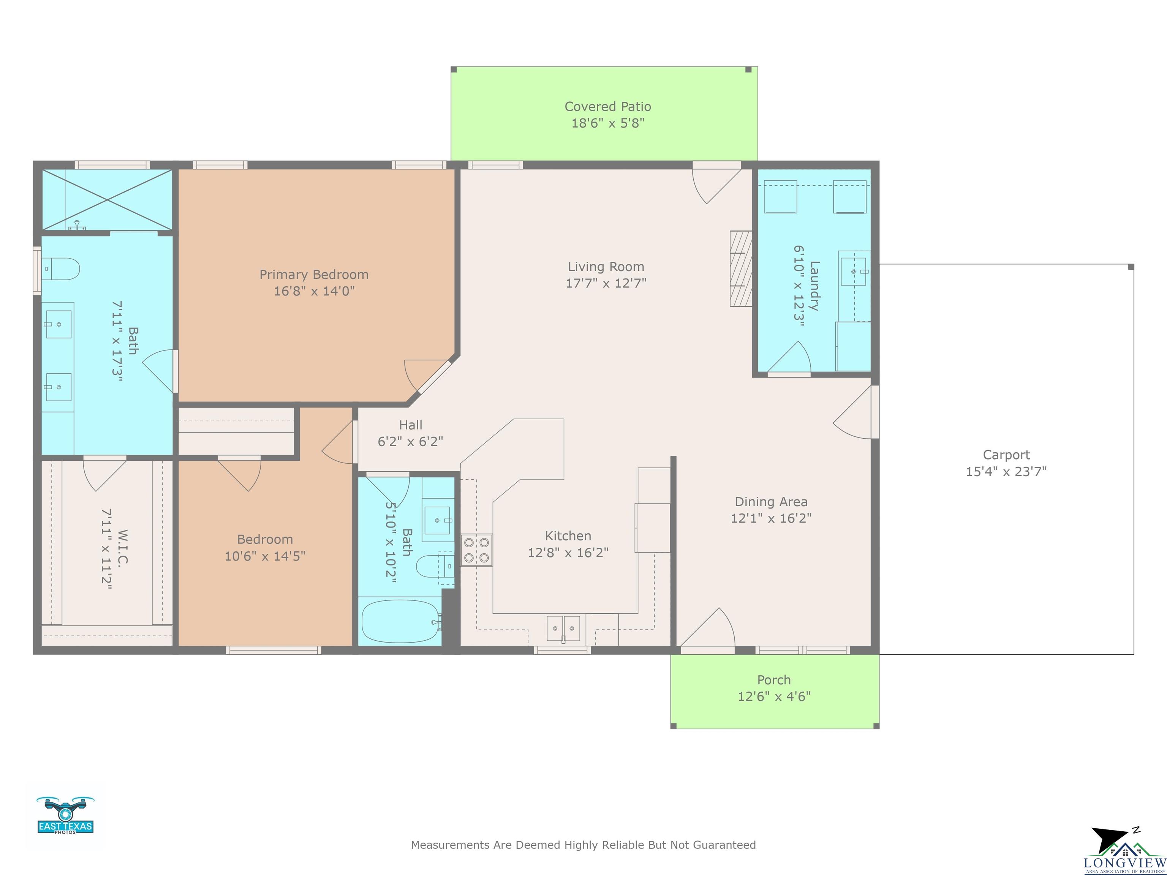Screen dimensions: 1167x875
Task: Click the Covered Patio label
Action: coord(608,107)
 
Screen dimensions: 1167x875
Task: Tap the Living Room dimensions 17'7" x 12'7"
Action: coord(606,283)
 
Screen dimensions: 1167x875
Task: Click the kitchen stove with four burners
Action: coord(476,550)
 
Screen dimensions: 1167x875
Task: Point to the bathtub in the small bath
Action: coord(401,621)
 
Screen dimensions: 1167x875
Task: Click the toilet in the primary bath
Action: coord(60,269)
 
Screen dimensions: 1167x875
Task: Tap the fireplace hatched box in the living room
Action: coord(741,269)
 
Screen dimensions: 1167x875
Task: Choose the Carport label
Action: coord(1006,455)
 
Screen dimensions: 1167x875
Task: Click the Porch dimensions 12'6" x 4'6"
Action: coord(774,696)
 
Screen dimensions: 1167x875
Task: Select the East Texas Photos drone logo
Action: coord(65,815)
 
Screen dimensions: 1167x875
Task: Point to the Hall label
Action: coord(410,425)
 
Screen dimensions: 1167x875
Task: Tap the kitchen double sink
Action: coord(563,628)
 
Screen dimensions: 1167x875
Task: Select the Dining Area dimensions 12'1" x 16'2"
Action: coord(771,518)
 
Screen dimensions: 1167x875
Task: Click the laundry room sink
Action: coord(854,271)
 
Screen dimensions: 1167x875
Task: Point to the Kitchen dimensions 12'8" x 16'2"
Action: coord(568,552)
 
